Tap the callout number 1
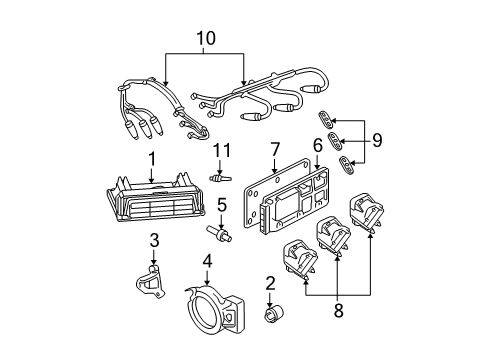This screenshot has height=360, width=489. click(152, 159)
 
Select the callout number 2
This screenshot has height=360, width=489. click(269, 284)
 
